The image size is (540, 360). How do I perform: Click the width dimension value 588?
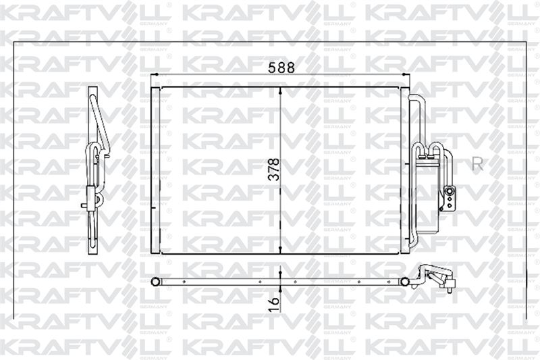tap(281, 68)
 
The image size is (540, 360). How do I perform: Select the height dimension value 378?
tap(274, 170)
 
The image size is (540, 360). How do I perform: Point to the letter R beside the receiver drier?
tap(477, 165)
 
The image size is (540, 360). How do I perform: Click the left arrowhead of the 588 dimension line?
tap(154, 74)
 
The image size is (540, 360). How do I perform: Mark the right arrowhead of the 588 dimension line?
tap(406, 74)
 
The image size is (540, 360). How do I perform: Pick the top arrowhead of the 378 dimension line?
tap(280, 91)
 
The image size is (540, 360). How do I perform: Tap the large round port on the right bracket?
tap(450, 190)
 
